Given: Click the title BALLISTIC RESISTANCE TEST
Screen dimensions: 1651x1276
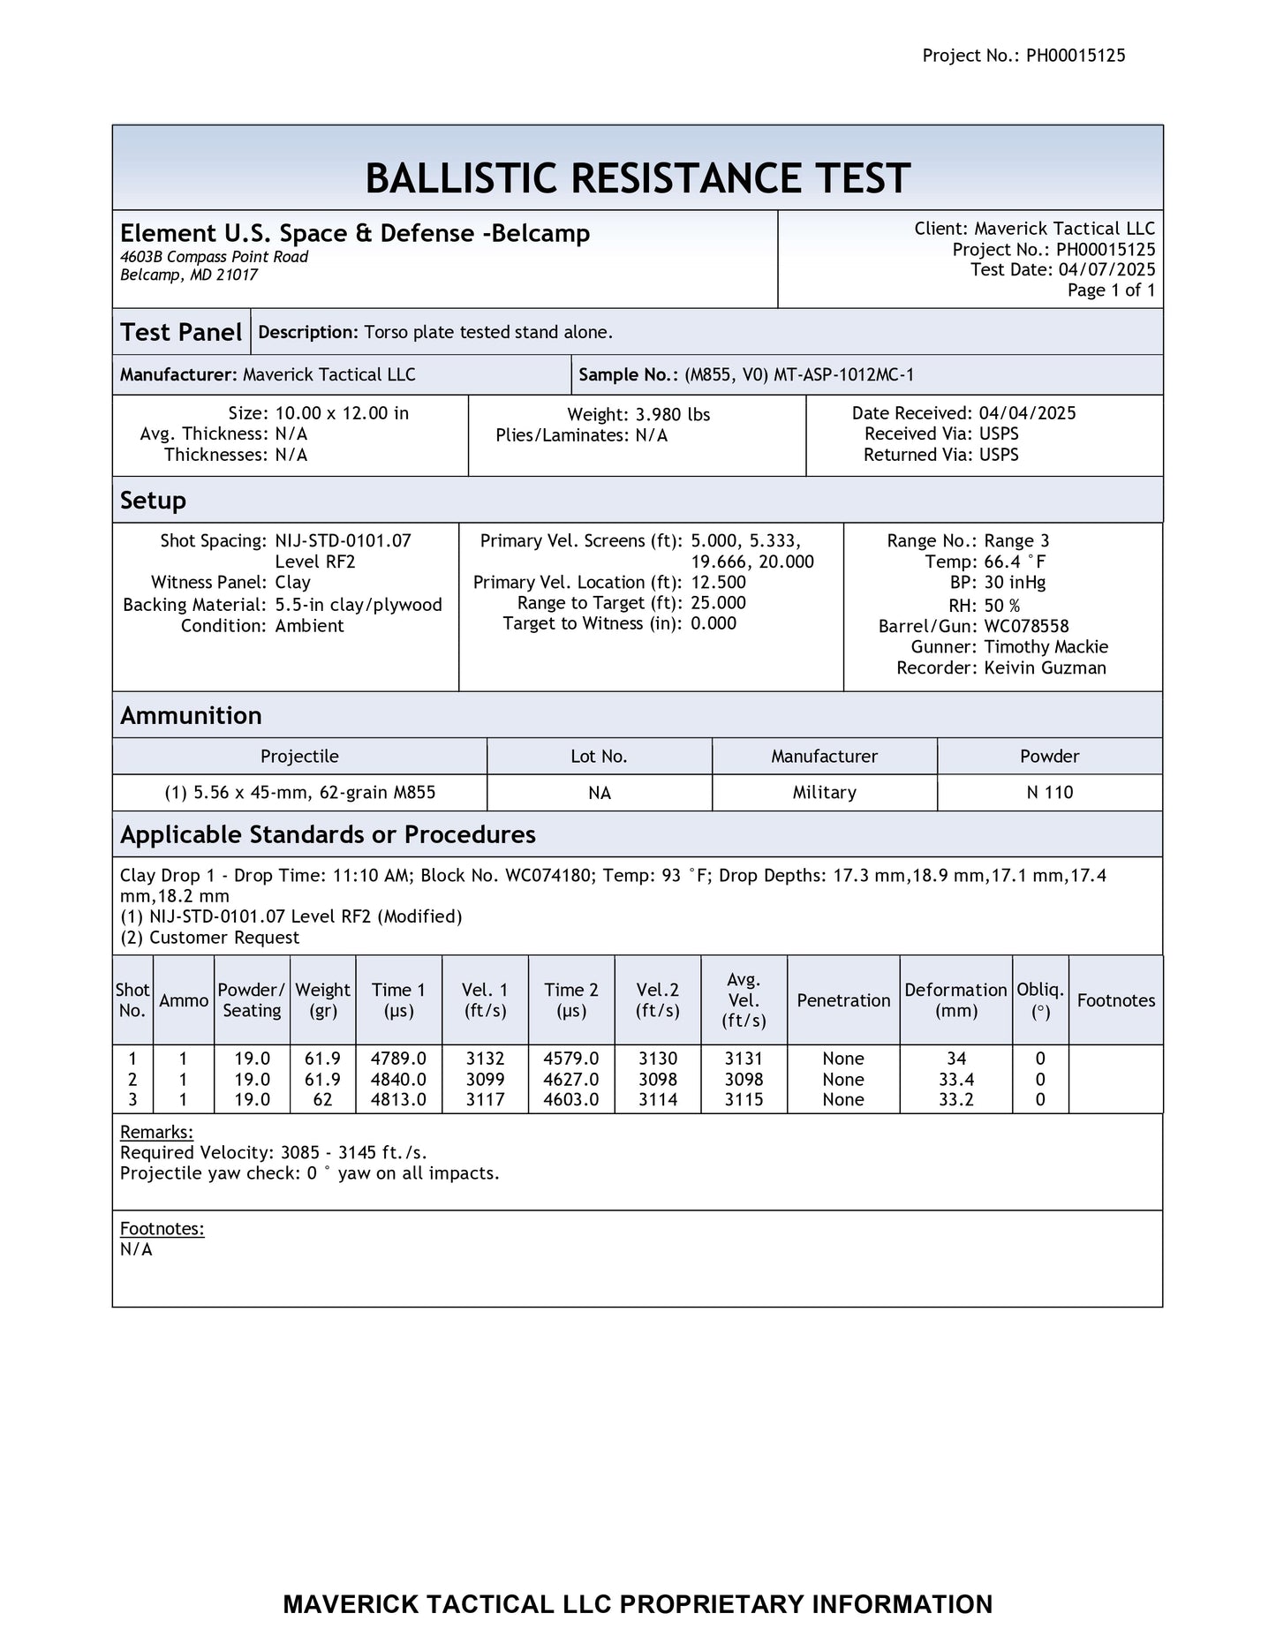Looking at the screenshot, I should [637, 178].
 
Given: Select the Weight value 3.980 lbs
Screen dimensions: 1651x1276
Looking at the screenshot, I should [672, 415].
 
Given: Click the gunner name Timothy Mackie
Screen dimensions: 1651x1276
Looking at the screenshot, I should [1046, 647].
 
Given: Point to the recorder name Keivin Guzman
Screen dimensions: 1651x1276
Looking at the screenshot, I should [1045, 668].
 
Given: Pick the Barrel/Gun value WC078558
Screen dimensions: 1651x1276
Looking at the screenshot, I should [1026, 626].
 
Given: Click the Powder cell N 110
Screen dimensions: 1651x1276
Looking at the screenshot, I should [1049, 793].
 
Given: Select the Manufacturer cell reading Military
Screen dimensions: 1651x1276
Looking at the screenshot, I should [824, 793].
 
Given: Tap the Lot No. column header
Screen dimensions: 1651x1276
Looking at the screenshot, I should [599, 757].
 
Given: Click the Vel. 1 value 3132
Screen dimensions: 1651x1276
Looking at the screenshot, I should [485, 1059].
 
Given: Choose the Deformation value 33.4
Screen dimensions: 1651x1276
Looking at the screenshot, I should [955, 1079].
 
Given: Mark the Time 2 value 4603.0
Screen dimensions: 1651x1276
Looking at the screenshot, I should [571, 1100].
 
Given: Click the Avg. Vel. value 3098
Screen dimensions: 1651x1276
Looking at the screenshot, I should [744, 1079].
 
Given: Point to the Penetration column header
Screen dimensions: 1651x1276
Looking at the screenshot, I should [842, 1000].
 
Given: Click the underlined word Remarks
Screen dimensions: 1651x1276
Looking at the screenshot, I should [156, 1132].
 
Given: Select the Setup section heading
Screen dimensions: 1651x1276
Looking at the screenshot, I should [153, 501].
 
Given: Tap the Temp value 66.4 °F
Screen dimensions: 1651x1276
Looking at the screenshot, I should [1015, 562].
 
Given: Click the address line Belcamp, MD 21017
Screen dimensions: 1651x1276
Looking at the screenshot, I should [188, 275].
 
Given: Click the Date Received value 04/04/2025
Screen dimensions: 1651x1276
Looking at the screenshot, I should [1027, 413].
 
